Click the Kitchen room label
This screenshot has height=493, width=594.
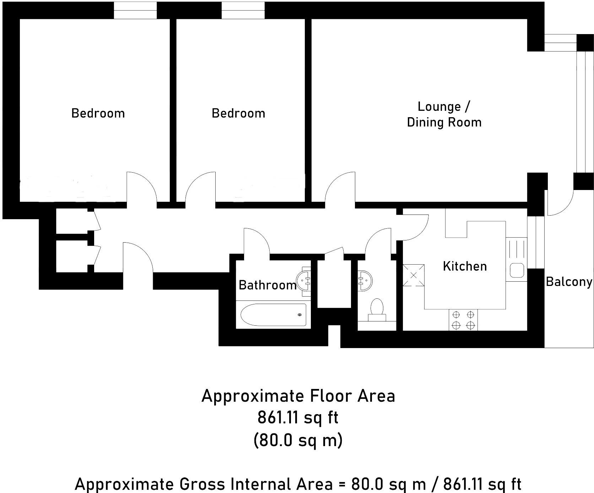465,266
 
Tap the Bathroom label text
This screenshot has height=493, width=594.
267,285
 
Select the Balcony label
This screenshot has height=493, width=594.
569,282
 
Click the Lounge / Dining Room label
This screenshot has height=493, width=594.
444,114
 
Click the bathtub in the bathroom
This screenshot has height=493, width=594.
273,315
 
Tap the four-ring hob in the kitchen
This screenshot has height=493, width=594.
463,320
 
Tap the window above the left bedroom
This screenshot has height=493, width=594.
135,10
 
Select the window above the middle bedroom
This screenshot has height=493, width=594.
243,10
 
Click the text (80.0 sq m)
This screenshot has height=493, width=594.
298,440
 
